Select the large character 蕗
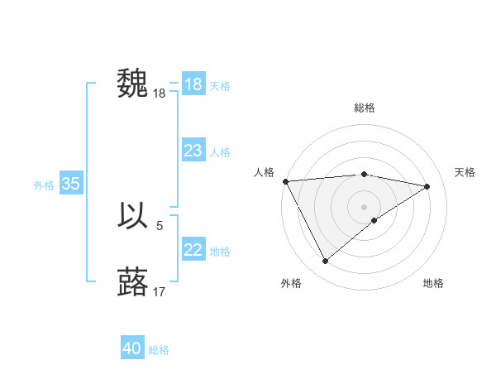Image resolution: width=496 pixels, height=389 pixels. (133, 281)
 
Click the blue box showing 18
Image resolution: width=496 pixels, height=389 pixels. (193, 84)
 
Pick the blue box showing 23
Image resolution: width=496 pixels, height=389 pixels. (193, 151)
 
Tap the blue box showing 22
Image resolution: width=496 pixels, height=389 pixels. (193, 250)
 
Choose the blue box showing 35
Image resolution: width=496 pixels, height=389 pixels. (70, 184)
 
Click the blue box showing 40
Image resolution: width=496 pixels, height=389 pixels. (131, 349)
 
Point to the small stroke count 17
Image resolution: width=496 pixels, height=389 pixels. (160, 291)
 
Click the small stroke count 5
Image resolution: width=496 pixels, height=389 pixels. (160, 224)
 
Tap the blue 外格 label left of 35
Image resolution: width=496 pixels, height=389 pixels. (44, 185)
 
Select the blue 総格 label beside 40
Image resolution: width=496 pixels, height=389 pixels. (159, 350)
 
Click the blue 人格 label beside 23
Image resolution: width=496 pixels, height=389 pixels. (220, 152)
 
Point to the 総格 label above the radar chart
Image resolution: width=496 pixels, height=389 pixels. (364, 108)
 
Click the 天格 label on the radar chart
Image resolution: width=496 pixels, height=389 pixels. (465, 172)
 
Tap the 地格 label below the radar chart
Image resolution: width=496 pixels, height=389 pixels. (433, 283)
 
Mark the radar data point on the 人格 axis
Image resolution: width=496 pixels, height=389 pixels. (285, 181)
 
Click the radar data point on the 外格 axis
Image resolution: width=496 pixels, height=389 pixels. (325, 261)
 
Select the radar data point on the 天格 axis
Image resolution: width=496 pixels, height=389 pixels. (427, 186)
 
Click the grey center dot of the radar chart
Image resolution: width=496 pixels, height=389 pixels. (364, 206)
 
